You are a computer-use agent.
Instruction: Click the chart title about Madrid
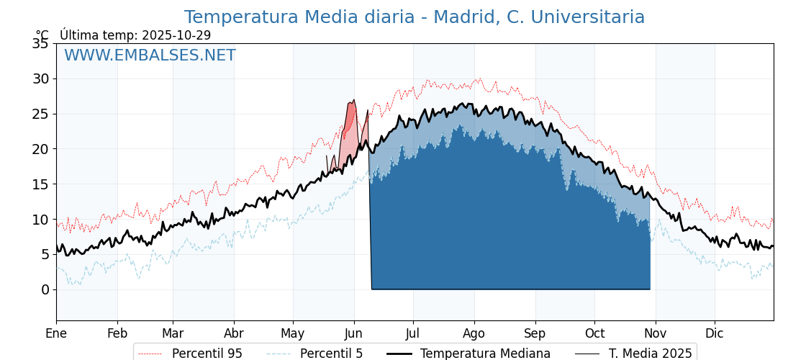[414, 17]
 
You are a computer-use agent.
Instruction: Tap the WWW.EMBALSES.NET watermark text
[150, 55]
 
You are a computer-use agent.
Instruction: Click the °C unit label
[42, 35]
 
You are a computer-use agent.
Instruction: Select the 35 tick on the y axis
[40, 43]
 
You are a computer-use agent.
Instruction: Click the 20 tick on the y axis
[40, 149]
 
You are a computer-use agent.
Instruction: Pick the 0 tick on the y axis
[45, 289]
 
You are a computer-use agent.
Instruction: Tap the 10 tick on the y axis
[40, 219]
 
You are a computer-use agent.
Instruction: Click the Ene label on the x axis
[56, 333]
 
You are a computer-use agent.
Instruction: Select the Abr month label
[234, 333]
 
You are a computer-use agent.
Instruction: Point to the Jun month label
[354, 333]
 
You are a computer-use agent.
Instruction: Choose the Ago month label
[474, 333]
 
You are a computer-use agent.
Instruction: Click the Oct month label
[594, 333]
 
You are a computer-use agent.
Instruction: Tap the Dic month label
[715, 333]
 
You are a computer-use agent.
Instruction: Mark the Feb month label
[117, 333]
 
